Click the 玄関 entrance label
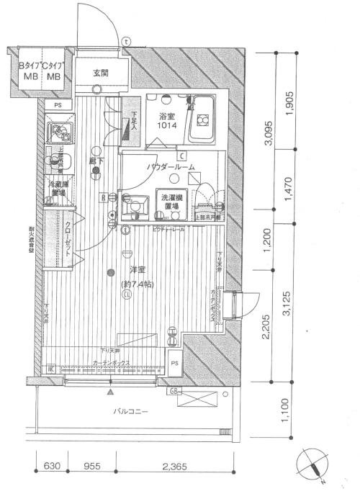click(100, 73)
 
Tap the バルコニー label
click(130, 411)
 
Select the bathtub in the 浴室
click(202, 119)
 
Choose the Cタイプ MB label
click(54, 71)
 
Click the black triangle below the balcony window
click(109, 392)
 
